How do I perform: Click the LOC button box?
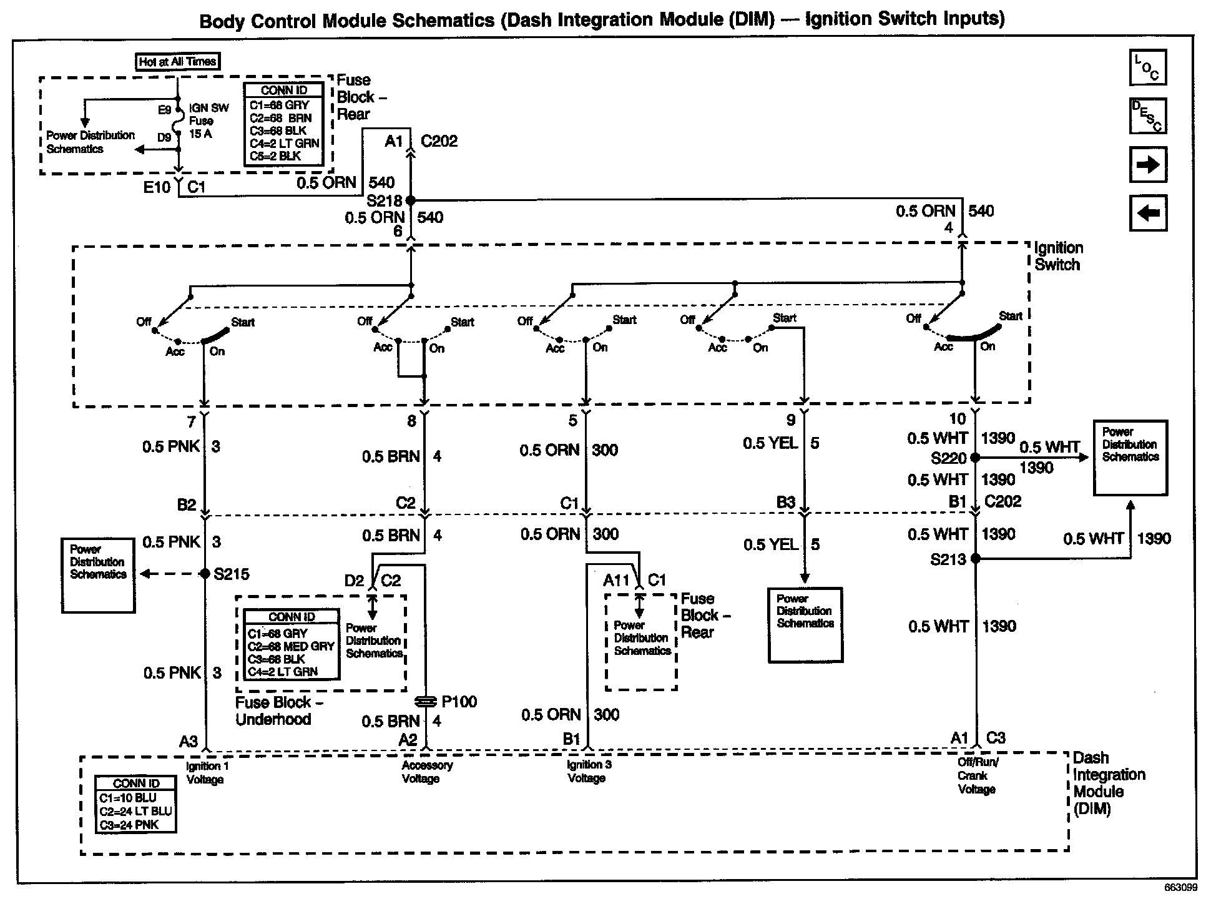tap(1147, 67)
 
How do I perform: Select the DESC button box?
tap(1147, 116)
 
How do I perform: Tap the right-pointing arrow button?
tap(1147, 165)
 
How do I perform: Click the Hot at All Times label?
tap(178, 61)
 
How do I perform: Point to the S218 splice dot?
tap(411, 200)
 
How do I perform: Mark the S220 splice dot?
tap(976, 458)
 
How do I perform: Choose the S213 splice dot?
tap(976, 559)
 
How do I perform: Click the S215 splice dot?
tap(205, 574)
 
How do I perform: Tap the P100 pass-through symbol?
tap(425, 702)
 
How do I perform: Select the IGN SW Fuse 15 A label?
tap(208, 120)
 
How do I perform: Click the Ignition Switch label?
tap(1059, 256)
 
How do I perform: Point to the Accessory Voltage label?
tap(427, 772)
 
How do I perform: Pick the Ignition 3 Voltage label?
tap(589, 771)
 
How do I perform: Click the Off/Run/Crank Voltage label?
tap(978, 775)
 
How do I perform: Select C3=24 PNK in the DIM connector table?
tap(129, 825)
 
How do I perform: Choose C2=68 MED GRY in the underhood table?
tap(291, 646)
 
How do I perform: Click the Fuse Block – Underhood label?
tap(278, 710)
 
